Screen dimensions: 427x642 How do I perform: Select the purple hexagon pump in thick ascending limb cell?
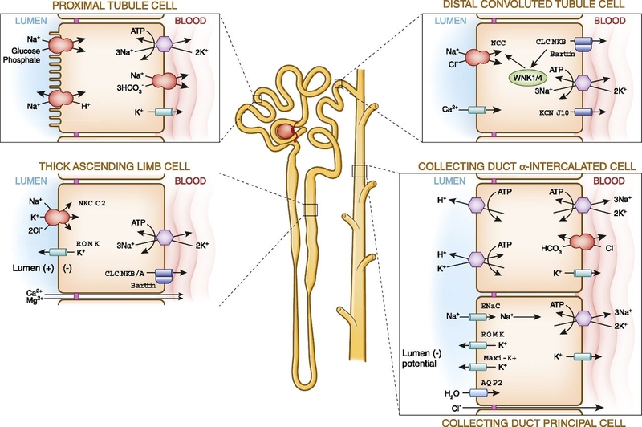166,237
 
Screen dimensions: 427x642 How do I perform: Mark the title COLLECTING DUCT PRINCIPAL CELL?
519,421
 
